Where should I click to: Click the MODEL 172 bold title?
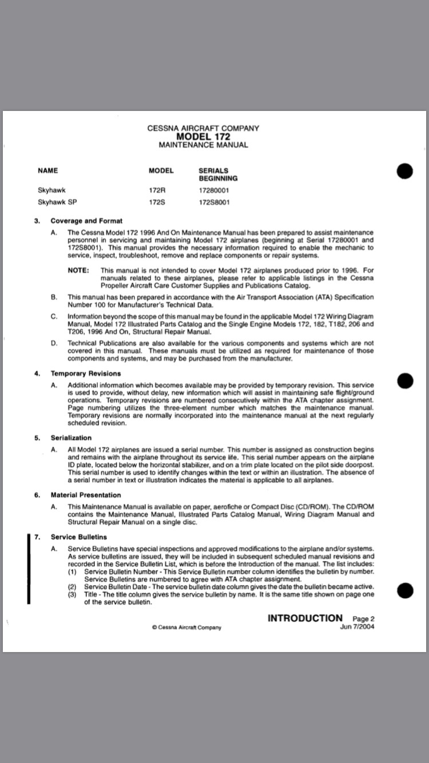(203, 137)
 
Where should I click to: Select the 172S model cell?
(157, 202)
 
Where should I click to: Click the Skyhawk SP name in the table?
(57, 202)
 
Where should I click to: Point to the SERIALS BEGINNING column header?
(218, 174)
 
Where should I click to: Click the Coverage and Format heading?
(86, 221)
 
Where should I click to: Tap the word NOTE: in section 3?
(78, 270)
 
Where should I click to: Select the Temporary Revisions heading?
(86, 373)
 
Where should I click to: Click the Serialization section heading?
(71, 438)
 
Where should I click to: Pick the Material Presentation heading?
(86, 495)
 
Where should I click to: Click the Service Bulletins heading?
(79, 537)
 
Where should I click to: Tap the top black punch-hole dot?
(404, 171)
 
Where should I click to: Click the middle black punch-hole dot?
(404, 381)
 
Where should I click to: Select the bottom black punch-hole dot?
(404, 590)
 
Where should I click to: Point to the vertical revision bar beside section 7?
(29, 569)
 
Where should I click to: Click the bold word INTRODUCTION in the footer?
(305, 618)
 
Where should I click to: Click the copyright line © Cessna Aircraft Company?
(186, 627)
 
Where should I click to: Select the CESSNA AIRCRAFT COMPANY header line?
(203, 128)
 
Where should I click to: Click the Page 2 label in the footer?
(363, 618)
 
